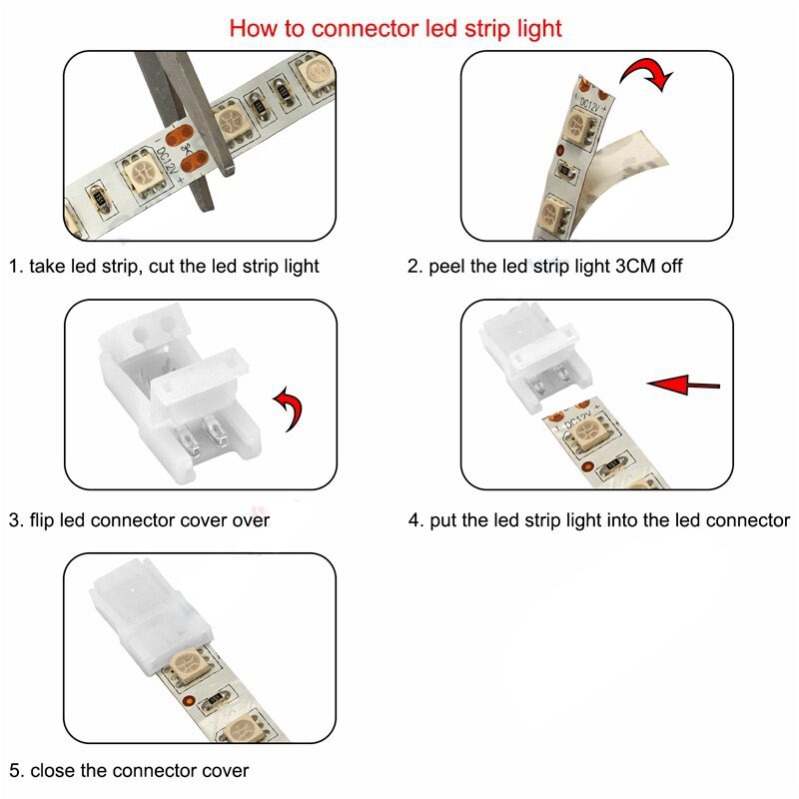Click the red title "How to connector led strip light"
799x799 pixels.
click(396, 28)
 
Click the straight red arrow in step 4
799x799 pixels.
click(683, 385)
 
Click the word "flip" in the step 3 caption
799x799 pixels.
click(42, 520)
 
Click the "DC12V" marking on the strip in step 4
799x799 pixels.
click(577, 420)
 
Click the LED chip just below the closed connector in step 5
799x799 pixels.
click(188, 665)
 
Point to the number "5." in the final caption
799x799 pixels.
click(16, 770)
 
